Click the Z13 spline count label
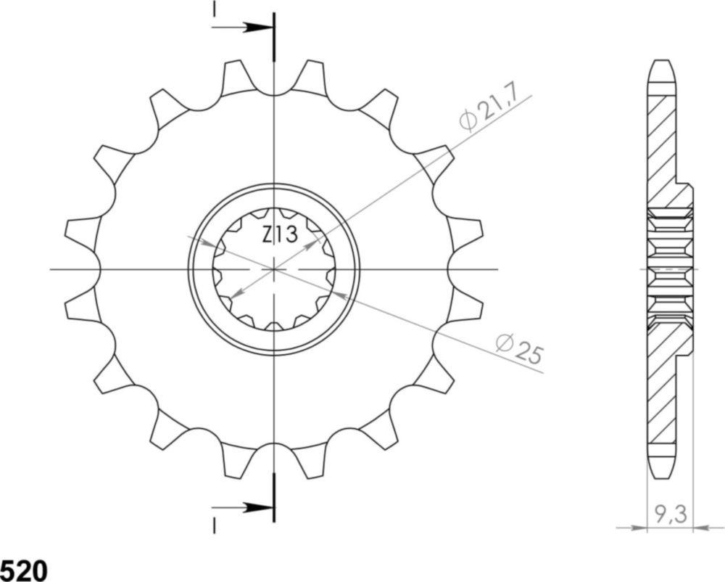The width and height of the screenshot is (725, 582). click(x=279, y=235)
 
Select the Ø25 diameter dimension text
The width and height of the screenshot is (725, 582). click(x=520, y=348)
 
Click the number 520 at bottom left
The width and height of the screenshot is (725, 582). click(x=23, y=570)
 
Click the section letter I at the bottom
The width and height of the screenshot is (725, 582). click(x=214, y=525)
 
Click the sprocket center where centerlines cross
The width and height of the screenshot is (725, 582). click(x=273, y=269)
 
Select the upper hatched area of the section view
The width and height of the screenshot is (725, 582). click(x=663, y=145)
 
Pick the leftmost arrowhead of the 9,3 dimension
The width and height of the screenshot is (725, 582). click(x=641, y=528)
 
